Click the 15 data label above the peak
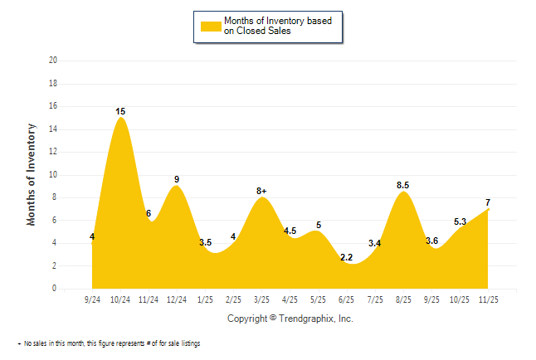(121, 111)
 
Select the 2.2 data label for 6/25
(347, 258)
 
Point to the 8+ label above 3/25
(262, 192)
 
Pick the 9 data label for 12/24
(177, 179)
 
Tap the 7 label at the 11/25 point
(489, 203)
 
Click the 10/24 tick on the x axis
(120, 298)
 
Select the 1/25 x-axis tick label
(205, 298)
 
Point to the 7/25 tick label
(374, 298)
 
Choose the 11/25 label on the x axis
(489, 298)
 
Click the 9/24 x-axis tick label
(92, 298)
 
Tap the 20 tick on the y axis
(53, 61)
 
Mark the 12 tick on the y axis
(53, 152)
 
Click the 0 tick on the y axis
(55, 289)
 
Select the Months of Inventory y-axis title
(32, 174)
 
